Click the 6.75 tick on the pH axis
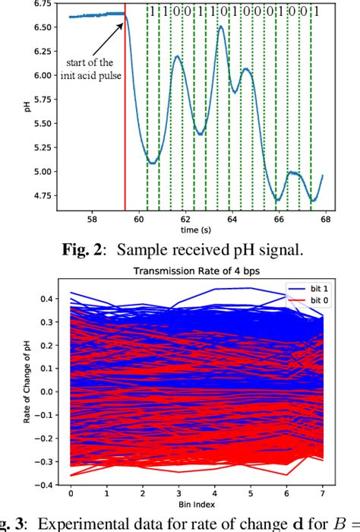46,4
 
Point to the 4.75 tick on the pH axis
46,196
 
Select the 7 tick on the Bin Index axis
324,493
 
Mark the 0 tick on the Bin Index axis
71,493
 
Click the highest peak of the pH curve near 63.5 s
220,27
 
